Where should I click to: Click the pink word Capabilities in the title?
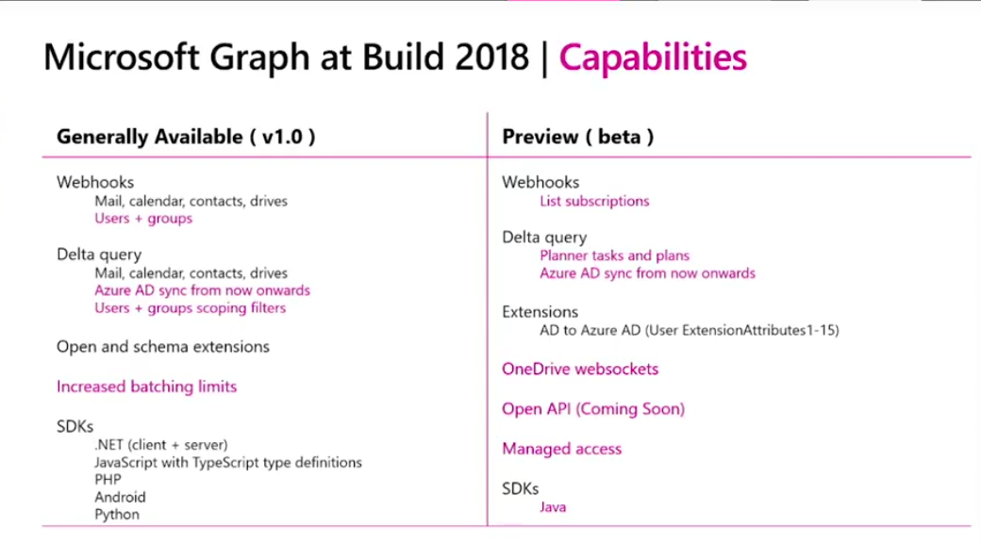pyautogui.click(x=653, y=58)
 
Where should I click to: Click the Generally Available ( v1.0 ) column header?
pyautogui.click(x=186, y=136)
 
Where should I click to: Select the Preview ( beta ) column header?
pyautogui.click(x=577, y=136)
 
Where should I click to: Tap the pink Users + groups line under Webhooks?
pyautogui.click(x=143, y=219)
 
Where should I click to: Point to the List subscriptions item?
pyautogui.click(x=594, y=201)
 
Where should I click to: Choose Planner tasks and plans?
pyautogui.click(x=614, y=256)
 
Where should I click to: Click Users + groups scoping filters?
pyautogui.click(x=190, y=308)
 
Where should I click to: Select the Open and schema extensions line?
pyautogui.click(x=163, y=347)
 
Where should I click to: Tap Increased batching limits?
pyautogui.click(x=146, y=387)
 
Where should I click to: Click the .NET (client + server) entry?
pyautogui.click(x=161, y=444)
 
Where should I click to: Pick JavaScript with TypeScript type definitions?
pyautogui.click(x=227, y=462)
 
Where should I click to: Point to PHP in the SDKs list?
pyautogui.click(x=108, y=479)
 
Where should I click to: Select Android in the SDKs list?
pyautogui.click(x=120, y=497)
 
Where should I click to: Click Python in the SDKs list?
pyautogui.click(x=117, y=515)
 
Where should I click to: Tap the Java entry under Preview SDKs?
pyautogui.click(x=553, y=507)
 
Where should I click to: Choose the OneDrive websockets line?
pyautogui.click(x=580, y=369)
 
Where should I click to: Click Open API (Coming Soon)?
pyautogui.click(x=593, y=409)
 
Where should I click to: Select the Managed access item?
pyautogui.click(x=561, y=449)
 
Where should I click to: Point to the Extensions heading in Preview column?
pyautogui.click(x=540, y=311)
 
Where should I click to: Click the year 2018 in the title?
pyautogui.click(x=490, y=58)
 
